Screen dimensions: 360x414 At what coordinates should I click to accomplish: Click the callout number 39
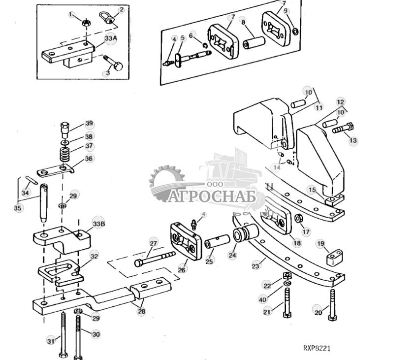tap(89, 124)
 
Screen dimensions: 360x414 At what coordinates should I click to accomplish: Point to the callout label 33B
tap(98, 224)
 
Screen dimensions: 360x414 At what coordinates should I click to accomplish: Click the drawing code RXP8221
tap(317, 348)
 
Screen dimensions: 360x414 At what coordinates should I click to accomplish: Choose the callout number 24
tap(232, 255)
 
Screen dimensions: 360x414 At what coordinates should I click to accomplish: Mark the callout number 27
tap(154, 243)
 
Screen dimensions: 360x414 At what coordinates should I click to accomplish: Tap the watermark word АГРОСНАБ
tap(215, 197)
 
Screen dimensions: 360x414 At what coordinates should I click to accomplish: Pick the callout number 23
tap(255, 266)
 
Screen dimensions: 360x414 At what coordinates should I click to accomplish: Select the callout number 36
tap(89, 159)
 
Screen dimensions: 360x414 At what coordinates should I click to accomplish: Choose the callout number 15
tap(312, 190)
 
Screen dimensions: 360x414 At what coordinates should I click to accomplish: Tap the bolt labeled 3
tap(116, 64)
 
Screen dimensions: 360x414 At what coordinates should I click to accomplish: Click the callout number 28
tap(141, 311)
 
